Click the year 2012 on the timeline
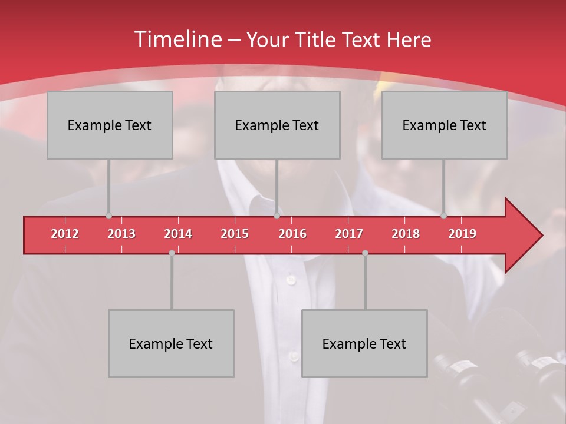tap(65, 234)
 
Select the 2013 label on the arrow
tap(121, 234)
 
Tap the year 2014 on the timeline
tap(178, 234)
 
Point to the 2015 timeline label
tap(235, 234)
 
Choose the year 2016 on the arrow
tap(292, 234)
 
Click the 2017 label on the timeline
tap(349, 234)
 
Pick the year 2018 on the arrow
tap(406, 234)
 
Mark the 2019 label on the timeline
tap(462, 234)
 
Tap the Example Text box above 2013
tap(110, 125)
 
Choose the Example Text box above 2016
tap(277, 125)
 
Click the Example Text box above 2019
tap(445, 125)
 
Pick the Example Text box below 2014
tap(171, 343)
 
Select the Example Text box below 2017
tap(364, 343)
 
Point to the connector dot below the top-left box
tap(108, 216)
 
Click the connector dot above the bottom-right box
tap(365, 253)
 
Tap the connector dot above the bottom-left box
tap(172, 253)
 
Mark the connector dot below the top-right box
tap(443, 216)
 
